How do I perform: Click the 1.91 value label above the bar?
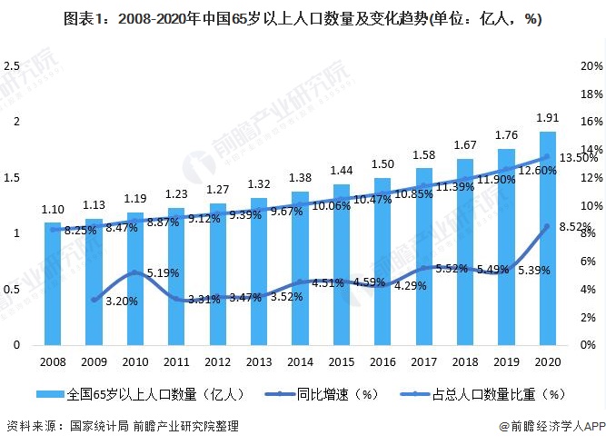tap(547, 118)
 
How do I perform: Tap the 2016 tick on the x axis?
tap(382, 361)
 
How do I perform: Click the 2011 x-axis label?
tap(176, 361)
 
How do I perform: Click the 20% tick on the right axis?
tap(591, 66)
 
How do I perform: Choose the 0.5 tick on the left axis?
tap(12, 290)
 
